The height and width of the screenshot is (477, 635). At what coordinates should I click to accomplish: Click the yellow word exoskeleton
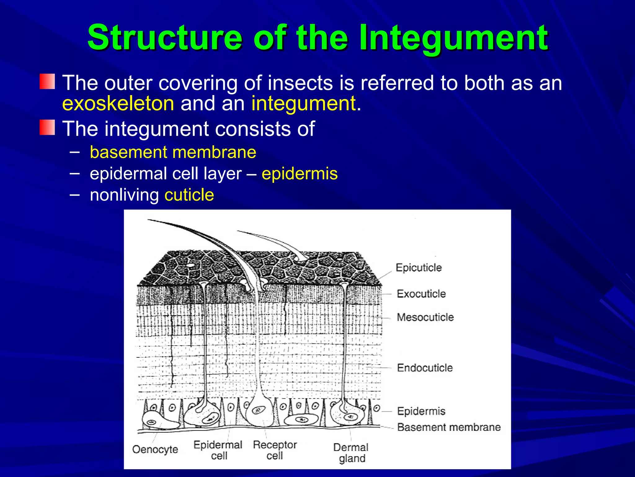(x=118, y=103)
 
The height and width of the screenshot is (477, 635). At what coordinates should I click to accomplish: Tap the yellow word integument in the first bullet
(x=303, y=103)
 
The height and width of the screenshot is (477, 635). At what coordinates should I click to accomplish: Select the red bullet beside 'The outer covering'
(x=47, y=82)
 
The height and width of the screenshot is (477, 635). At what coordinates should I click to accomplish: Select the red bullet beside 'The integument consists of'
(x=47, y=128)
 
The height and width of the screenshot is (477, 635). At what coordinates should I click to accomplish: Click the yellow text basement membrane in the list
(x=173, y=152)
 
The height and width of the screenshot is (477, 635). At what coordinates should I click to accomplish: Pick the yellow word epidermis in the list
(x=300, y=173)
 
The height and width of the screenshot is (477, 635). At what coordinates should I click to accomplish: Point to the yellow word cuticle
(x=189, y=195)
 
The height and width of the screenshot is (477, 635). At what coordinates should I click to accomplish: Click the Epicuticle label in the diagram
(x=419, y=267)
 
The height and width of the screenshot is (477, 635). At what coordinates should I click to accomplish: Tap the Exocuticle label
(x=421, y=293)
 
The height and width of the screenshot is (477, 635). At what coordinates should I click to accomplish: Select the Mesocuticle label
(x=425, y=317)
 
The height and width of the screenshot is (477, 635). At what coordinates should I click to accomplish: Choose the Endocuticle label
(x=425, y=368)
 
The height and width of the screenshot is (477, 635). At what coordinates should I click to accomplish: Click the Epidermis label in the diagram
(x=421, y=411)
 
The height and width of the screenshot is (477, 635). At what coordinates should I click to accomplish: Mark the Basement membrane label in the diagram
(x=449, y=427)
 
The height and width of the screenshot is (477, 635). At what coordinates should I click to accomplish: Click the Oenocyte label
(x=155, y=449)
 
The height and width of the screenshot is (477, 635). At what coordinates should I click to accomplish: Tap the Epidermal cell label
(x=218, y=450)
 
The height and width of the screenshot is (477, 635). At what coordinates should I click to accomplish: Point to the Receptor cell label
(x=275, y=450)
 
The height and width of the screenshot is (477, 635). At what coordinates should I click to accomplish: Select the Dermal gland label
(x=351, y=453)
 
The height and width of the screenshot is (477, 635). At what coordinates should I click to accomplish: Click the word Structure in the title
(x=164, y=38)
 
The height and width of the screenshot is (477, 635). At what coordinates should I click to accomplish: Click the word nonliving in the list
(x=124, y=195)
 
